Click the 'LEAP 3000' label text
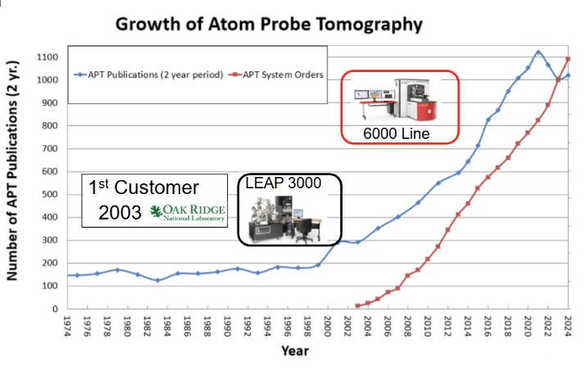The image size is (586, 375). [284, 183]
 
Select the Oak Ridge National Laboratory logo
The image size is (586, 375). [189, 210]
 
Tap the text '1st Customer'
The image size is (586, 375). [144, 187]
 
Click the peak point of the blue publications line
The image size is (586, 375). [538, 52]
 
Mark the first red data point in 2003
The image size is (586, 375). [357, 306]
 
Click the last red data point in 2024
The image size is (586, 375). [569, 59]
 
